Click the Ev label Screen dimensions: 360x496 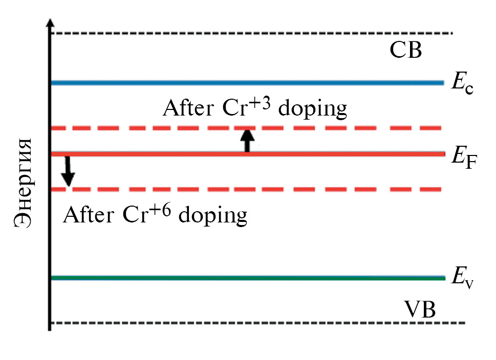(x=462, y=280)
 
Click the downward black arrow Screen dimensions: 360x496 (x=68, y=172)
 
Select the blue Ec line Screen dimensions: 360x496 (x=246, y=82)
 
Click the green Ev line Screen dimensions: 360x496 (x=246, y=278)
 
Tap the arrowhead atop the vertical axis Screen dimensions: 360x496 (x=50, y=25)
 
